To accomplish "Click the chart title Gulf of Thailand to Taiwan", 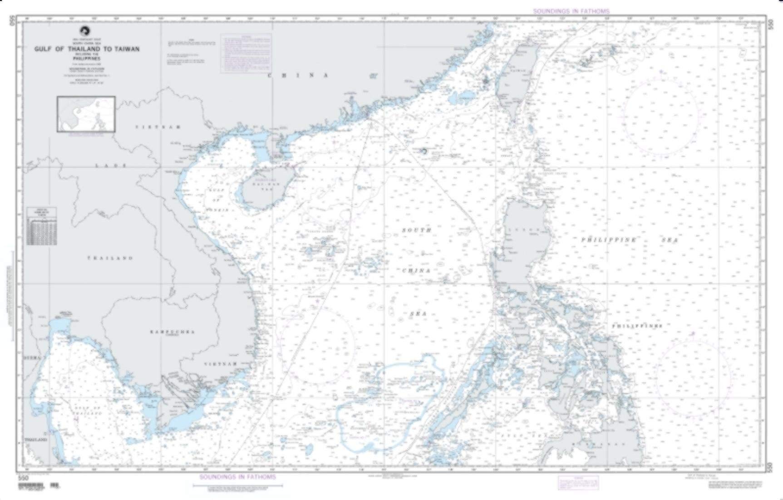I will pyautogui.click(x=87, y=49).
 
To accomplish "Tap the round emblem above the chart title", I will pyautogui.click(x=84, y=31).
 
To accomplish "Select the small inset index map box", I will pyautogui.click(x=86, y=114).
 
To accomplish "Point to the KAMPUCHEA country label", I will pyautogui.click(x=172, y=332).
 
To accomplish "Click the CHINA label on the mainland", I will pyautogui.click(x=298, y=75).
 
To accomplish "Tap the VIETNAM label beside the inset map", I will pyautogui.click(x=158, y=126).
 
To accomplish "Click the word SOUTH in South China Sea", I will pyautogui.click(x=416, y=231).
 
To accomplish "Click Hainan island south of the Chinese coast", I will pyautogui.click(x=261, y=190).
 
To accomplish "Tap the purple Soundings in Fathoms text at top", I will pyautogui.click(x=571, y=10).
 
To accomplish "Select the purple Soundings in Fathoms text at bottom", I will pyautogui.click(x=237, y=477).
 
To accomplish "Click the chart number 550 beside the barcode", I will pyautogui.click(x=22, y=478).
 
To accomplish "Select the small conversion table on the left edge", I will pyautogui.click(x=41, y=226).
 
